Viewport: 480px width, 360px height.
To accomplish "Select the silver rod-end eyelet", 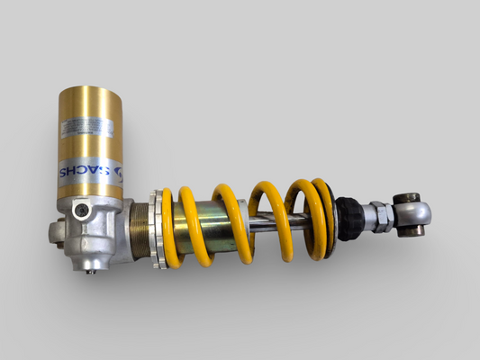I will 414,214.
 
